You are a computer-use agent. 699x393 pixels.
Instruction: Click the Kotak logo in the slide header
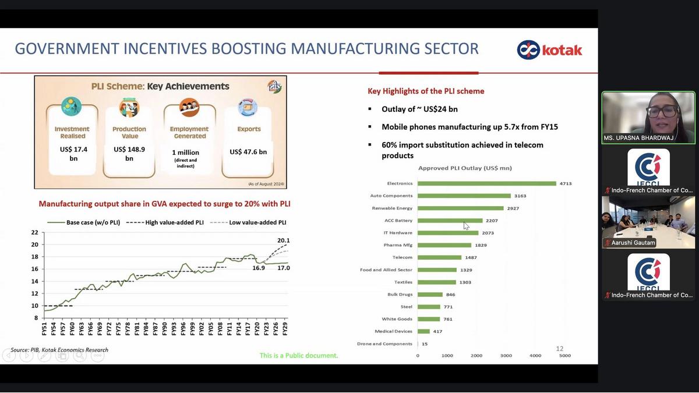coord(549,49)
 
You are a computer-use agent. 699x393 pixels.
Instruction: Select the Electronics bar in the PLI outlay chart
coord(486,183)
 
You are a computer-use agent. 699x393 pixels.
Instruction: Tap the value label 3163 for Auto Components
coord(520,196)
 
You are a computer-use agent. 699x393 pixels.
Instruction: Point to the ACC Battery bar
coord(450,221)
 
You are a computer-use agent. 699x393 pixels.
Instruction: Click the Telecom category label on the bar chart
coord(402,257)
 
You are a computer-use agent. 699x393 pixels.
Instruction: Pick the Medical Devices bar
coord(423,331)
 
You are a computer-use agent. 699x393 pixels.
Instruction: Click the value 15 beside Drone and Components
coord(425,344)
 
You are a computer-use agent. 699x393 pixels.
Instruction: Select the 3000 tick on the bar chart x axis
coord(506,355)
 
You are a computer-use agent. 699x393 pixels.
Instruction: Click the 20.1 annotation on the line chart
coord(283,240)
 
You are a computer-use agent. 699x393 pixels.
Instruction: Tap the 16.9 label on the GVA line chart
coord(259,268)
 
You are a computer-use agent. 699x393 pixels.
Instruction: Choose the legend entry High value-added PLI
coord(173,222)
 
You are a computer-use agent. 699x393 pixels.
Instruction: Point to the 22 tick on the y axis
coord(35,232)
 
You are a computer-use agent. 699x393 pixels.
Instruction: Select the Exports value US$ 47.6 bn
coord(248,152)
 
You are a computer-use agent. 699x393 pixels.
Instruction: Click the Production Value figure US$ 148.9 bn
coord(129,154)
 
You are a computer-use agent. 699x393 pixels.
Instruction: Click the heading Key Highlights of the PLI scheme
coord(426,91)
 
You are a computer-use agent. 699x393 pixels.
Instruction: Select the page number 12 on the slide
coord(559,349)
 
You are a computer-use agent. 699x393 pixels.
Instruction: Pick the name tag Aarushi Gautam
coord(633,243)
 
